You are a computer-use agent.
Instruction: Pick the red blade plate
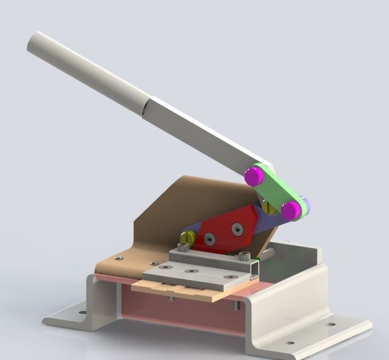click(x=223, y=229)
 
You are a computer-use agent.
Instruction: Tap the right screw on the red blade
click(x=237, y=229)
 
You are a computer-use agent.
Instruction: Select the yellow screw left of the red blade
click(x=186, y=237)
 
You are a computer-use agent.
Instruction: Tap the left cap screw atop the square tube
click(x=183, y=249)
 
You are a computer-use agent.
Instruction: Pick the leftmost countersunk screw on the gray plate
click(x=165, y=267)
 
